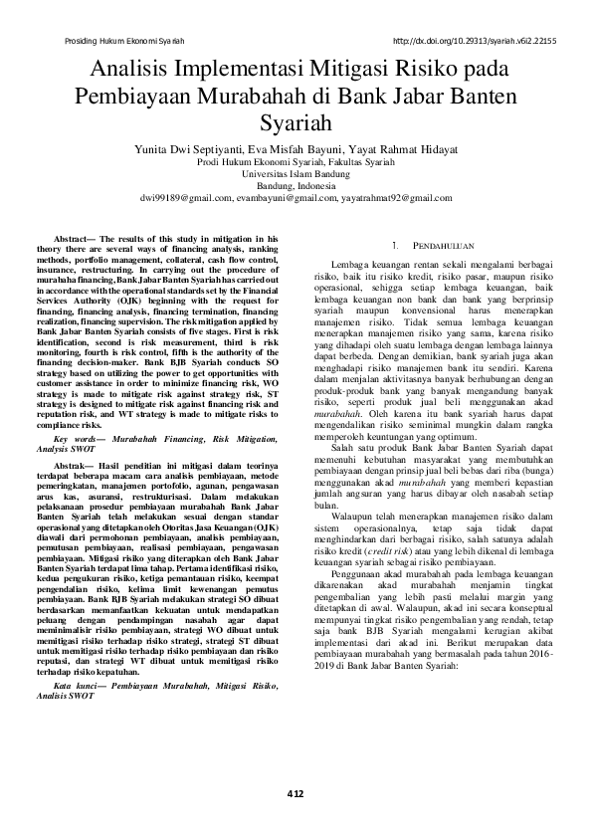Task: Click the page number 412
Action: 295,793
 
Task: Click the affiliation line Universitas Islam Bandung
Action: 296,172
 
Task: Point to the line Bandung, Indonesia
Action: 296,184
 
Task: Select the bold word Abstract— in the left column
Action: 80,240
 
